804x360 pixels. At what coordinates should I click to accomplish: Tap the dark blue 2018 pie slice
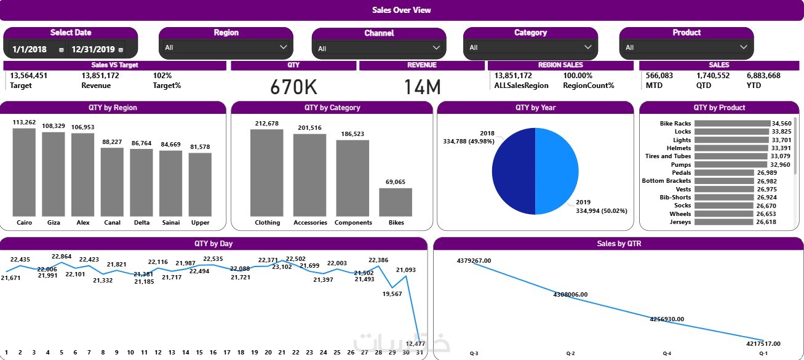(513, 171)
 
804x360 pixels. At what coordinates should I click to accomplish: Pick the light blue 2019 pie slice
(557, 171)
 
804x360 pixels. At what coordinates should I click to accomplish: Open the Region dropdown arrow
(284, 47)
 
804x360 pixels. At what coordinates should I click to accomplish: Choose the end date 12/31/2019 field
(94, 49)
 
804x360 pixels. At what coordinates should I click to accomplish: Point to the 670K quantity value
(293, 87)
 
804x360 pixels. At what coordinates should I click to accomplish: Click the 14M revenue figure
(422, 87)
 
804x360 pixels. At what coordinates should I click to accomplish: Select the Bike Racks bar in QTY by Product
(731, 124)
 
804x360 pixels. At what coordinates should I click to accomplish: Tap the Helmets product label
(679, 148)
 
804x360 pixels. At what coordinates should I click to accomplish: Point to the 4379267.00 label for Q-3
(474, 261)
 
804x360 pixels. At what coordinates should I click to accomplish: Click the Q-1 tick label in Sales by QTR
(763, 354)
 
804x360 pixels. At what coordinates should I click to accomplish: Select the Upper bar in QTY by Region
(200, 184)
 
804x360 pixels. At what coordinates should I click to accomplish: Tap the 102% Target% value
(162, 76)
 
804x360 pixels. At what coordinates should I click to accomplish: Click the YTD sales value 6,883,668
(763, 76)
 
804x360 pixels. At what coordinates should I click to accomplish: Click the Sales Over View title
(401, 10)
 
